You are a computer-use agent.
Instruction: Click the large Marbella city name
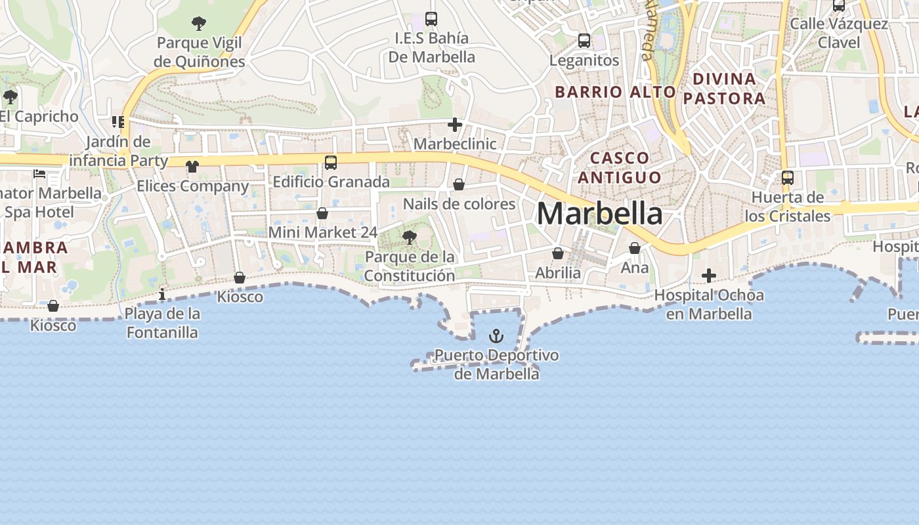599,214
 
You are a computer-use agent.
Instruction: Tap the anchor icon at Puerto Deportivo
497,337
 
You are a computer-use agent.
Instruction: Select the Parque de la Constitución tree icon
410,238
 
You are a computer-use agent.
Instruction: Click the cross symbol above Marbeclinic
455,124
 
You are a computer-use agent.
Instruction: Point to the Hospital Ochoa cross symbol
709,276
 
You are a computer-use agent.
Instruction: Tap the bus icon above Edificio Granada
331,162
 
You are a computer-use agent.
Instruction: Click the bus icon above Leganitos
584,41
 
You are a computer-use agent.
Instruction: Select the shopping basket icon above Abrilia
558,253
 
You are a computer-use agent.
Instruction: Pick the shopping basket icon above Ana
634,248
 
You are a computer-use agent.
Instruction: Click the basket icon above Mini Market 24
322,213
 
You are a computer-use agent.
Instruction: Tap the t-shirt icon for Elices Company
192,167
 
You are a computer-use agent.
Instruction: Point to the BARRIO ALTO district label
615,92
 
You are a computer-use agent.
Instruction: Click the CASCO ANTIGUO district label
619,167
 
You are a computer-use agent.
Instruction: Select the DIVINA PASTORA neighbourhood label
729,89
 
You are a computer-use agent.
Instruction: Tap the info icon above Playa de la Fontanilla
162,295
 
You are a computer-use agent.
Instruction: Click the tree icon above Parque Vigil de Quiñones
199,24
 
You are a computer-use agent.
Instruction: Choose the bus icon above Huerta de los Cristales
788,177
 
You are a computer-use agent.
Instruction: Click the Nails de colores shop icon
459,185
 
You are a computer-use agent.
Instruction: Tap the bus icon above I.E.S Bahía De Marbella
431,18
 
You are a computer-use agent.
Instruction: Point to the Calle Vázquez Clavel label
838,33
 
